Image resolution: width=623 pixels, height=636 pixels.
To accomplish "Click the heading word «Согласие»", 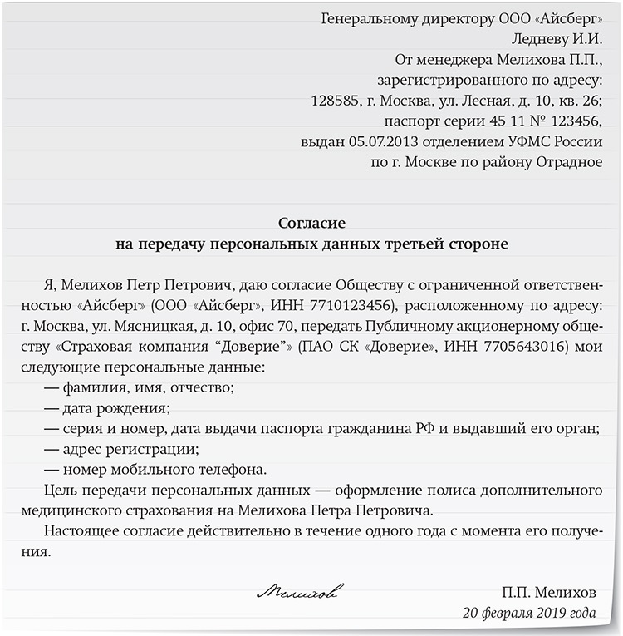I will [x=311, y=224].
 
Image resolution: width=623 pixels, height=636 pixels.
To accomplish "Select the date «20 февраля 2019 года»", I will [x=530, y=613].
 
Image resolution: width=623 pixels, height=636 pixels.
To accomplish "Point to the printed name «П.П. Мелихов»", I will [x=548, y=592].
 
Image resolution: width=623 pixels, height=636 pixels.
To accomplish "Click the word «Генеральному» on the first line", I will [x=367, y=19].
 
